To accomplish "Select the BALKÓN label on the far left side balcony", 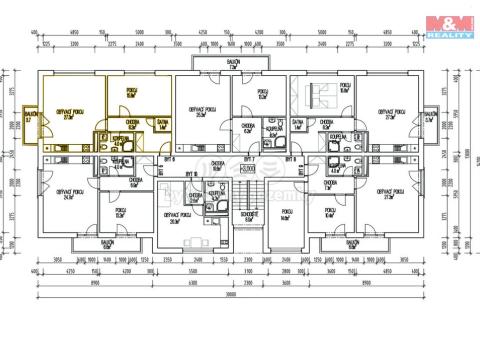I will click(30, 117).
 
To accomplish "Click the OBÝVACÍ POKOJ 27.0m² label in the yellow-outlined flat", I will click(70, 114).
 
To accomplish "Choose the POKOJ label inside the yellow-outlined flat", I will click(131, 91).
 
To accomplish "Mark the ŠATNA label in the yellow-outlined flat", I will click(162, 125).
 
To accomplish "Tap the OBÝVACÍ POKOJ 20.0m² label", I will click(181, 219).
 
